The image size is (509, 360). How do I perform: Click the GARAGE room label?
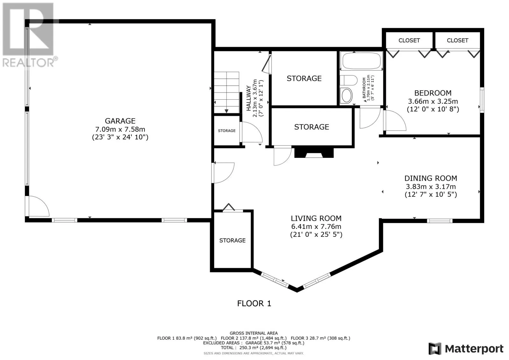point(120,121)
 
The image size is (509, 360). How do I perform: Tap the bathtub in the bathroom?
point(361,61)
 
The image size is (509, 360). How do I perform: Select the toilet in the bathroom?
point(349,80)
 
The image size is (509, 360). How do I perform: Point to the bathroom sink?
point(346,95)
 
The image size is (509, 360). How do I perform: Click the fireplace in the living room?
point(314,153)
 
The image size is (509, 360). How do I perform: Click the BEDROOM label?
point(433,93)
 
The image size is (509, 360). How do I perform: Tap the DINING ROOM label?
point(431,178)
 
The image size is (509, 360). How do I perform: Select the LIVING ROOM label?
point(316,218)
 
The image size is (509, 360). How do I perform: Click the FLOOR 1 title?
point(254,303)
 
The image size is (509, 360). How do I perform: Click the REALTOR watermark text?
point(29,62)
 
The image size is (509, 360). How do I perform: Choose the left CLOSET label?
point(409,40)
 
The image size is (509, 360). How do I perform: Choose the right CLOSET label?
point(457,40)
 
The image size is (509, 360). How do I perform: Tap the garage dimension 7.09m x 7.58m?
point(120,129)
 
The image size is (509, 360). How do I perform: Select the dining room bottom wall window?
point(440,221)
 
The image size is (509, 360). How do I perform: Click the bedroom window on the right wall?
point(482,100)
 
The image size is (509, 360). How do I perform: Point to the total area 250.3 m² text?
point(254,348)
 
